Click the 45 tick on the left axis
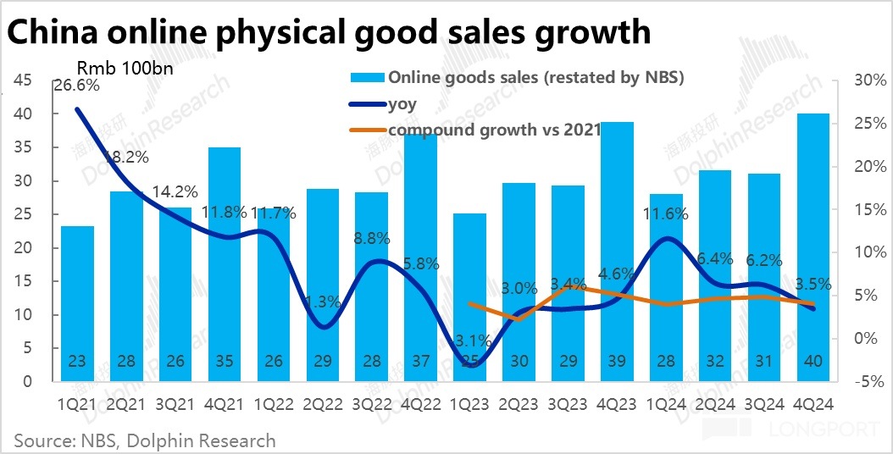pos(23,80)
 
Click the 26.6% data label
pos(76,85)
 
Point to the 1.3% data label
pos(322,301)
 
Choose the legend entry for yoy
pos(402,104)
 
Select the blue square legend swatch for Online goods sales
pos(367,78)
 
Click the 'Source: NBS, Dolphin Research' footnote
pos(144,440)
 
